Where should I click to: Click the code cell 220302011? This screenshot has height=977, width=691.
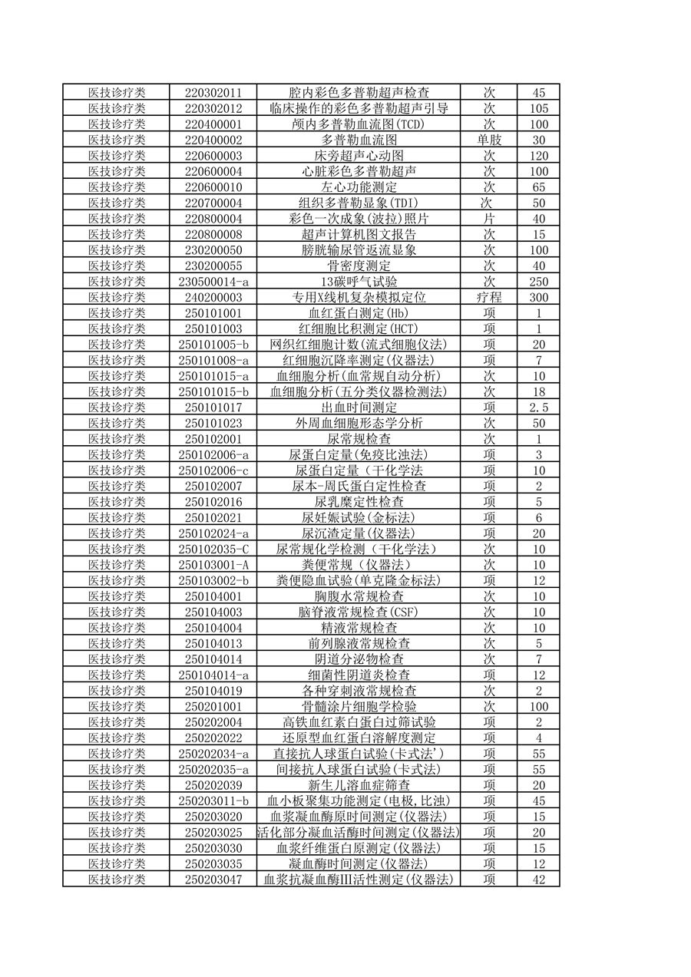[x=213, y=92]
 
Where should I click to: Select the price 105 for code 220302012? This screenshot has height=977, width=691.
[x=538, y=108]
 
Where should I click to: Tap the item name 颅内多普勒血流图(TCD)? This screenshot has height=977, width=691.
[x=359, y=124]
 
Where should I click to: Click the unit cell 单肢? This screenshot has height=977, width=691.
[x=488, y=140]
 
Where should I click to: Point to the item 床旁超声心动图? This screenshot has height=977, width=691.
[x=359, y=155]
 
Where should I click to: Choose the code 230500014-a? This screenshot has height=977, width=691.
[x=213, y=282]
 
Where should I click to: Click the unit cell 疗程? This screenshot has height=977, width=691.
[x=488, y=297]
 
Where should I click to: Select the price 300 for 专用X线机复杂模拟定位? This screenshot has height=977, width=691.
[x=538, y=297]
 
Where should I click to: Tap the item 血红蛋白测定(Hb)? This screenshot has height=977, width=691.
[x=359, y=313]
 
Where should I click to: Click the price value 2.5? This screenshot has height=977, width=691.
[x=538, y=408]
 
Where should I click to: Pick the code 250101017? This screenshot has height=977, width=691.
[x=213, y=408]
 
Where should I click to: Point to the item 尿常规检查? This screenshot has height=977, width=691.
[x=359, y=439]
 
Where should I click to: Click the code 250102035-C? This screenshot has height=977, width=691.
[x=213, y=549]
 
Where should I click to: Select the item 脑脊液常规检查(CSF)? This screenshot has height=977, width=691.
[x=359, y=612]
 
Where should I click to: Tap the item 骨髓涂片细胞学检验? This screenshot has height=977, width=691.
[x=359, y=706]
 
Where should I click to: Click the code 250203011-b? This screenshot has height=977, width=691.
[x=213, y=800]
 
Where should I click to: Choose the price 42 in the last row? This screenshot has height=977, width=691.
[x=538, y=880]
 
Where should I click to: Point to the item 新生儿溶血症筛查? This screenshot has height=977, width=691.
[x=359, y=785]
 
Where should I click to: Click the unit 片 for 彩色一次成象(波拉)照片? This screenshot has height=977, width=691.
[x=488, y=219]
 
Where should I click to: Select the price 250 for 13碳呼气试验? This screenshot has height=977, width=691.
[x=538, y=282]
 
